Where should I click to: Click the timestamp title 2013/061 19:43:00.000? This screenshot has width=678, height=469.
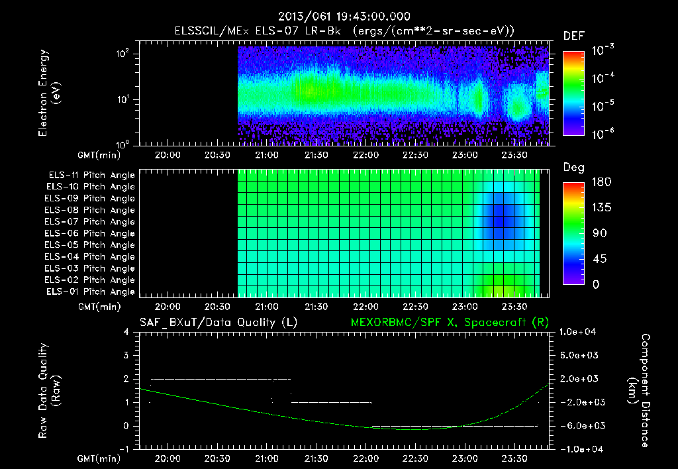(344, 17)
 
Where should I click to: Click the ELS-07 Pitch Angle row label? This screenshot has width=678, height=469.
(89, 221)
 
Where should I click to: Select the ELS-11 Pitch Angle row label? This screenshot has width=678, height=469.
(91, 176)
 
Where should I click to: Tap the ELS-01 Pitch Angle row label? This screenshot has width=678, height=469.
(90, 291)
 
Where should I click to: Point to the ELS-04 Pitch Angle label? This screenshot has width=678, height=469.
(89, 256)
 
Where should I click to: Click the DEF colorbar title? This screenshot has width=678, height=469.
(574, 36)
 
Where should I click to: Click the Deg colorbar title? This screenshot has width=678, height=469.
(573, 168)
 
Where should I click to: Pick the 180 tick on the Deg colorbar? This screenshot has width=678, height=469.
(601, 182)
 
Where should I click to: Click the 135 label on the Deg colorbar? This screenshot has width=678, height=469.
(601, 207)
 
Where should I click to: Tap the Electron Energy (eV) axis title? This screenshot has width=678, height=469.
(49, 93)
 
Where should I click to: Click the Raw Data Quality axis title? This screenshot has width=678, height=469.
(49, 391)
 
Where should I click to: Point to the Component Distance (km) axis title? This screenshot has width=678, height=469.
(639, 391)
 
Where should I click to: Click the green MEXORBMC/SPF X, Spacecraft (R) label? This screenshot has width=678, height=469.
(450, 323)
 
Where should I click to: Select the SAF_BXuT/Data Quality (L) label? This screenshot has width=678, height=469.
(218, 323)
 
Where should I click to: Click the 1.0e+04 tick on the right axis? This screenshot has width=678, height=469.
(577, 332)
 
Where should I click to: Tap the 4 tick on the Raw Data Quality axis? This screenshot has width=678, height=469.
(126, 332)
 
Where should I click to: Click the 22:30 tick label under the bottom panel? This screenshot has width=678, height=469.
(416, 458)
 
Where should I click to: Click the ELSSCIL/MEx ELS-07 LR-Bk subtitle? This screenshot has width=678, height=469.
(258, 31)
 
